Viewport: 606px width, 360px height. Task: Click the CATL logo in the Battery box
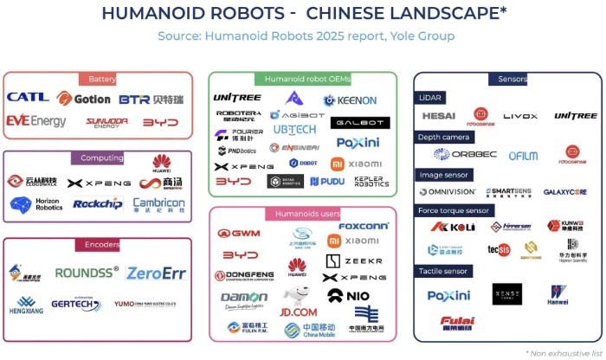click(x=28, y=98)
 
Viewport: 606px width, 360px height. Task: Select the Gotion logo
click(x=84, y=99)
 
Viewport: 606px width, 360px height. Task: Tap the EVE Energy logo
click(x=35, y=121)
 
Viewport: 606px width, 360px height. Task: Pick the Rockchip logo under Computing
click(x=96, y=204)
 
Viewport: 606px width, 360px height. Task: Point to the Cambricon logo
click(x=158, y=205)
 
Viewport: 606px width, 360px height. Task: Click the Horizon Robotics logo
click(x=36, y=204)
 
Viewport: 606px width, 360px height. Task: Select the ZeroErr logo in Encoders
click(x=157, y=273)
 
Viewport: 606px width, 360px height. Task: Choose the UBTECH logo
click(x=295, y=130)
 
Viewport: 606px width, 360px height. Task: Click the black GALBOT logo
click(x=360, y=123)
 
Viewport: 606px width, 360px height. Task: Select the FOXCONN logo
click(x=364, y=226)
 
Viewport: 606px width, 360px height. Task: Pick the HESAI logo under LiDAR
click(x=439, y=116)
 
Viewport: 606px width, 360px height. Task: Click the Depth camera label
click(x=445, y=136)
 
